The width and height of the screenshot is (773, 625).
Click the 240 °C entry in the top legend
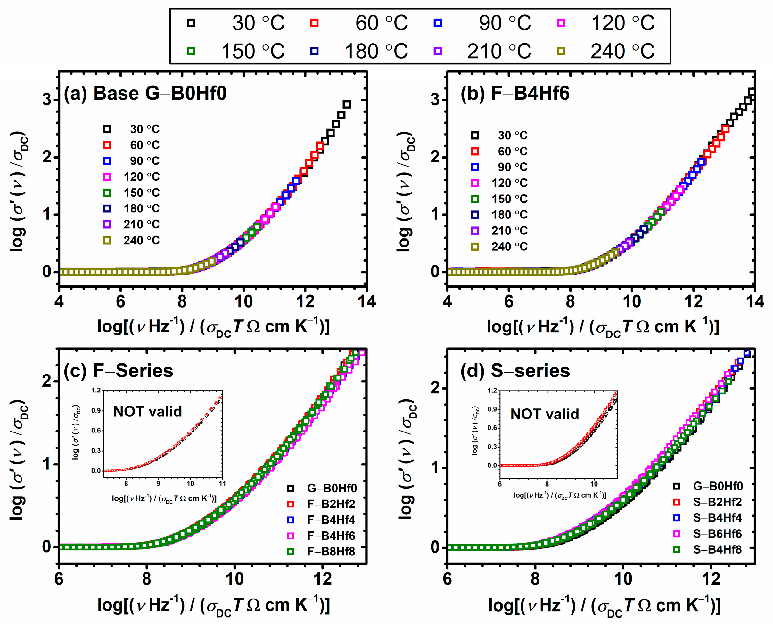tap(622, 51)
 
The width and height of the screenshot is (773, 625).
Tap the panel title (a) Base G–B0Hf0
tap(145, 93)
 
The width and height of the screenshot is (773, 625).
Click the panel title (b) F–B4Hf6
tap(515, 93)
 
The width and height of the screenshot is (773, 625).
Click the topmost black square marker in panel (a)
tap(346, 104)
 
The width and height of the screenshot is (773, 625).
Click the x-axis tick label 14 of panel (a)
tap(366, 301)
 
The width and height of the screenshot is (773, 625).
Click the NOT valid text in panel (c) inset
tap(148, 412)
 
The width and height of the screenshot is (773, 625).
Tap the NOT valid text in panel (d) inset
tap(544, 414)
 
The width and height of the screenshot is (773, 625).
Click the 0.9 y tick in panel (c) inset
tap(96, 410)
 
